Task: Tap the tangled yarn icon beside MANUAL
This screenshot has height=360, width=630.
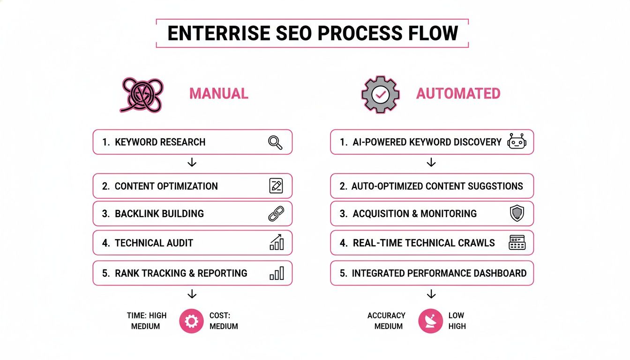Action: point(142,95)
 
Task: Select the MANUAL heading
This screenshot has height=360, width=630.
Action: point(218,94)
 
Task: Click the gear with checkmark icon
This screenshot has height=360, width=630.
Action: point(380,94)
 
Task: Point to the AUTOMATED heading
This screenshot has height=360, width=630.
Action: point(458,94)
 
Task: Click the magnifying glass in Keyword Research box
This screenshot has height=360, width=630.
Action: point(275,142)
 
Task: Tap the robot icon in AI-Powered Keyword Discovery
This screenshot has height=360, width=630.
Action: point(517,142)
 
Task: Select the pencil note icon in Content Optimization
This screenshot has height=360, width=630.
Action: point(276,186)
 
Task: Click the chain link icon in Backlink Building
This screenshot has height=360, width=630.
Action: point(276,214)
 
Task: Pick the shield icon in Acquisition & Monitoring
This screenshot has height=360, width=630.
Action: point(517,214)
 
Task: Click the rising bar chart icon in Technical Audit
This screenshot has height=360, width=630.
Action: point(276,243)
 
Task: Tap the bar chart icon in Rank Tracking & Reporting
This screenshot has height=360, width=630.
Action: point(277,273)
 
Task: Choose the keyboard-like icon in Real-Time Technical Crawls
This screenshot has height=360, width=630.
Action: point(517,243)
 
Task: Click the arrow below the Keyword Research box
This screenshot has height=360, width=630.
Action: point(192,163)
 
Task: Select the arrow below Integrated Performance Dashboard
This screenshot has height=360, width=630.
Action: point(431,294)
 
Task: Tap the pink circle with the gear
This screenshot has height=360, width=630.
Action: point(192,321)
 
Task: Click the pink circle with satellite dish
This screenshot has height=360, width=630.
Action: point(430,321)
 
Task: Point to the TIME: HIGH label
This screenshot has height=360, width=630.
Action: point(146,315)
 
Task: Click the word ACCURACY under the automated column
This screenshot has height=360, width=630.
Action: point(386,315)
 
